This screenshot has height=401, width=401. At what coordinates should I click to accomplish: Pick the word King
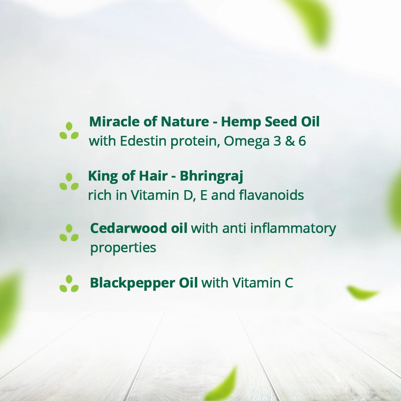click(103, 176)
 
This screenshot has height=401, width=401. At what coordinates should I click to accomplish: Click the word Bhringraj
click(212, 177)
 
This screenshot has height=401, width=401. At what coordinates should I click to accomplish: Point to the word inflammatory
click(293, 228)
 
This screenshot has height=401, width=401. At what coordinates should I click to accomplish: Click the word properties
click(123, 248)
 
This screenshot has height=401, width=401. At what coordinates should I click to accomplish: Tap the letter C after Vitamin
click(289, 283)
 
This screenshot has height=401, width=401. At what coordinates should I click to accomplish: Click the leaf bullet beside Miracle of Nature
click(69, 131)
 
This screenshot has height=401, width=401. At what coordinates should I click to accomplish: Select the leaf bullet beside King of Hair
click(69, 182)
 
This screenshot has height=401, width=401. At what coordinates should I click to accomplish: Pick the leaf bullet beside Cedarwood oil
click(69, 233)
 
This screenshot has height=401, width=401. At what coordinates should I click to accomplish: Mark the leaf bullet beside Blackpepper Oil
click(69, 284)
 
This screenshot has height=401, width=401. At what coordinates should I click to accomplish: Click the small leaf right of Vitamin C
click(362, 293)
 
